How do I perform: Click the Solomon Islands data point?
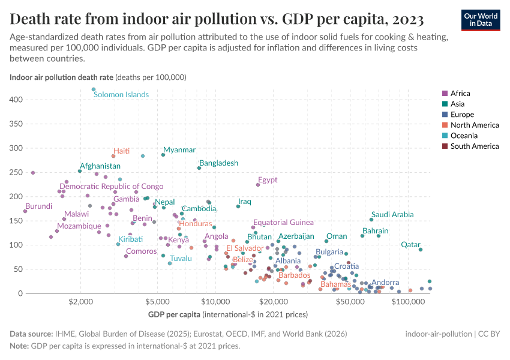(x=94, y=89)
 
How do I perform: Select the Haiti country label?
(x=122, y=151)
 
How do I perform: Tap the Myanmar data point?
(x=163, y=155)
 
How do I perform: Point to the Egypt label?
(x=268, y=179)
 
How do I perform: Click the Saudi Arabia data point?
(x=371, y=220)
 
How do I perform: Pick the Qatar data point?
(x=421, y=250)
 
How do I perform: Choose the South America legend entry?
(x=474, y=146)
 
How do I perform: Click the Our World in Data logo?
(x=481, y=19)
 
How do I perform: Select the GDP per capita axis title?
(x=174, y=314)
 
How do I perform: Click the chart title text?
(x=217, y=19)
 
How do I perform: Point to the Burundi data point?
(x=25, y=211)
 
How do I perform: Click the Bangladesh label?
(x=218, y=163)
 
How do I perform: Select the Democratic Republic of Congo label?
(x=111, y=187)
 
